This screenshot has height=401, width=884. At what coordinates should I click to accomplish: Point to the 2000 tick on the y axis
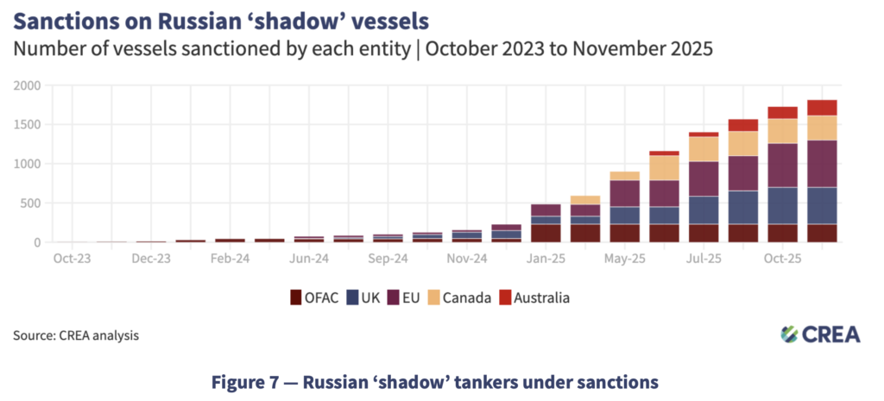pos(26,85)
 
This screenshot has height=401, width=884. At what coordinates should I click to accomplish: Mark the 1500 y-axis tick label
pos(26,125)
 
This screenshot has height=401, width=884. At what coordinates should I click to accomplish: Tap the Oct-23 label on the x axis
pos(69,258)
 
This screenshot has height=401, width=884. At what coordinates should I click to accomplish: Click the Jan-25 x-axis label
pos(545,258)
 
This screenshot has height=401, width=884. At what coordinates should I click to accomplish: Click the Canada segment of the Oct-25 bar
pos(782,131)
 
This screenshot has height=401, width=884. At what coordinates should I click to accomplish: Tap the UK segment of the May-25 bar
pos(624,216)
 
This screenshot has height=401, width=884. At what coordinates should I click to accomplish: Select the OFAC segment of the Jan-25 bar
pos(545,234)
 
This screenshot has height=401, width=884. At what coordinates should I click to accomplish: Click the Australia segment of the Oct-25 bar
pos(782,112)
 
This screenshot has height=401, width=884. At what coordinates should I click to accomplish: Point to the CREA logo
pos(820,334)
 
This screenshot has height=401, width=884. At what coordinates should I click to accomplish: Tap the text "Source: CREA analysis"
pos(75,335)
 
